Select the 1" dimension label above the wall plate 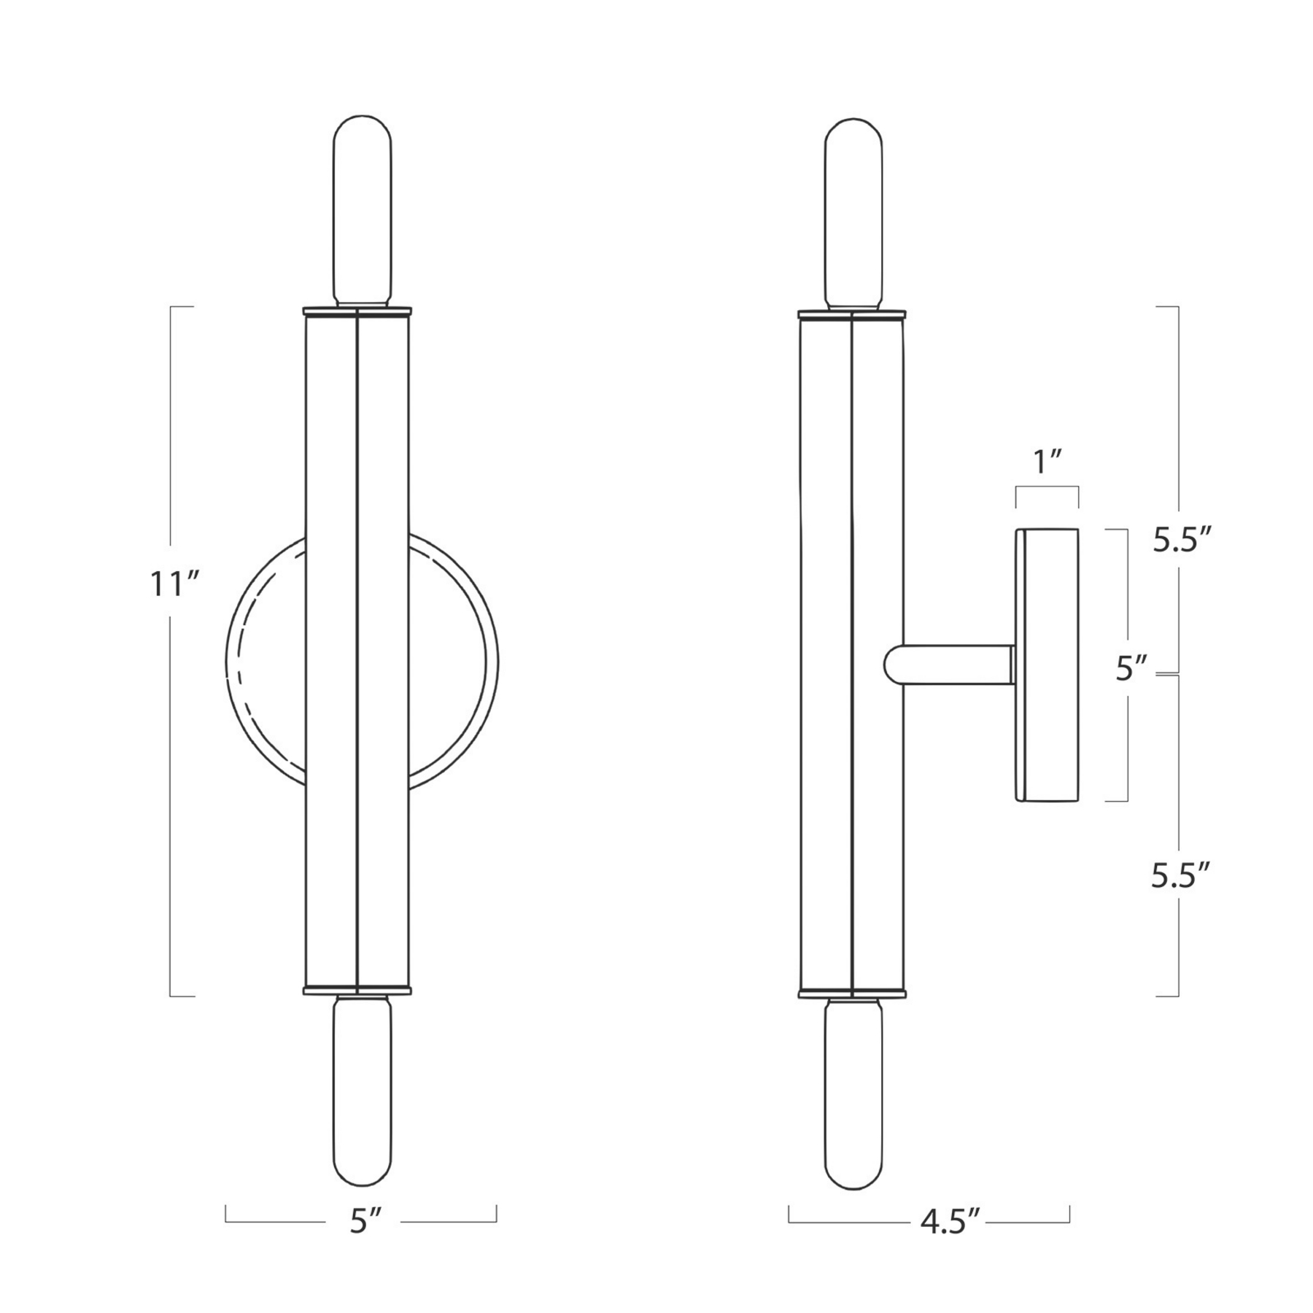(1047, 462)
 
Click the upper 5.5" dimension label (1182, 541)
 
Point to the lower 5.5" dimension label (1181, 875)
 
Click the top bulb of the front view (362, 212)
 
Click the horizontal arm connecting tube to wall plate (956, 664)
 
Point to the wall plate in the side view (1047, 665)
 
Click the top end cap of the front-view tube (357, 311)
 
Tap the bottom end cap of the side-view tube (852, 993)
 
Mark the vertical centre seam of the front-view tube (357, 649)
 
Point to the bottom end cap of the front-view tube (357, 991)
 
